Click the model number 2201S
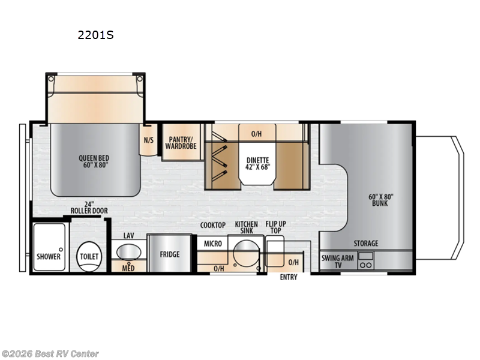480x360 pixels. click(95, 35)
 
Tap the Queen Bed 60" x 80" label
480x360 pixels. click(94, 163)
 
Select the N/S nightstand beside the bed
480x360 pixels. click(148, 140)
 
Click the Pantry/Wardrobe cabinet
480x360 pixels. click(181, 142)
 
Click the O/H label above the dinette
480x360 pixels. click(256, 133)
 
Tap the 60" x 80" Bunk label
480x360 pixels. click(380, 199)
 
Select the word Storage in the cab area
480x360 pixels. click(365, 243)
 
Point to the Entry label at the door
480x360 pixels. click(289, 277)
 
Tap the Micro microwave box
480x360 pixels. click(213, 244)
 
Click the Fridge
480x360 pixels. click(169, 254)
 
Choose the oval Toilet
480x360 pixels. click(89, 256)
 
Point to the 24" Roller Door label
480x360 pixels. click(84, 207)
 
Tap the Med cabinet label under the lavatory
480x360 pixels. click(128, 267)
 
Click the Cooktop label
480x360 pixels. click(213, 225)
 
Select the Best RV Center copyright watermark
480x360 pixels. click(50, 354)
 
